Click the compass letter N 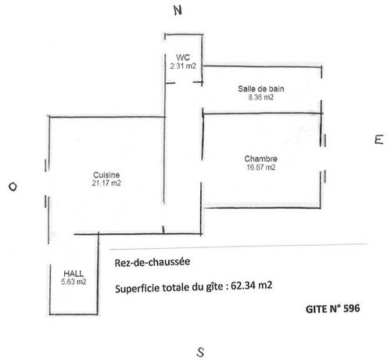click(178, 10)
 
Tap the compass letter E click(379, 139)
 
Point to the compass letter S click(200, 352)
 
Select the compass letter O click(13, 187)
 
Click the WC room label click(183, 57)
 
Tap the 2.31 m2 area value click(183, 66)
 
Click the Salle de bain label click(261, 88)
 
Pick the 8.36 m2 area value click(261, 97)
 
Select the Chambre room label click(260, 159)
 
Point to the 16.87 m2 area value click(261, 167)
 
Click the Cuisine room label click(106, 175)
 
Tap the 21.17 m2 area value click(106, 183)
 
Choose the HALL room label click(74, 274)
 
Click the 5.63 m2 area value click(74, 282)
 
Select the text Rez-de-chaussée click(152, 262)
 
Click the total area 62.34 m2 click(251, 286)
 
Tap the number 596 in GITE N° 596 click(352, 308)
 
